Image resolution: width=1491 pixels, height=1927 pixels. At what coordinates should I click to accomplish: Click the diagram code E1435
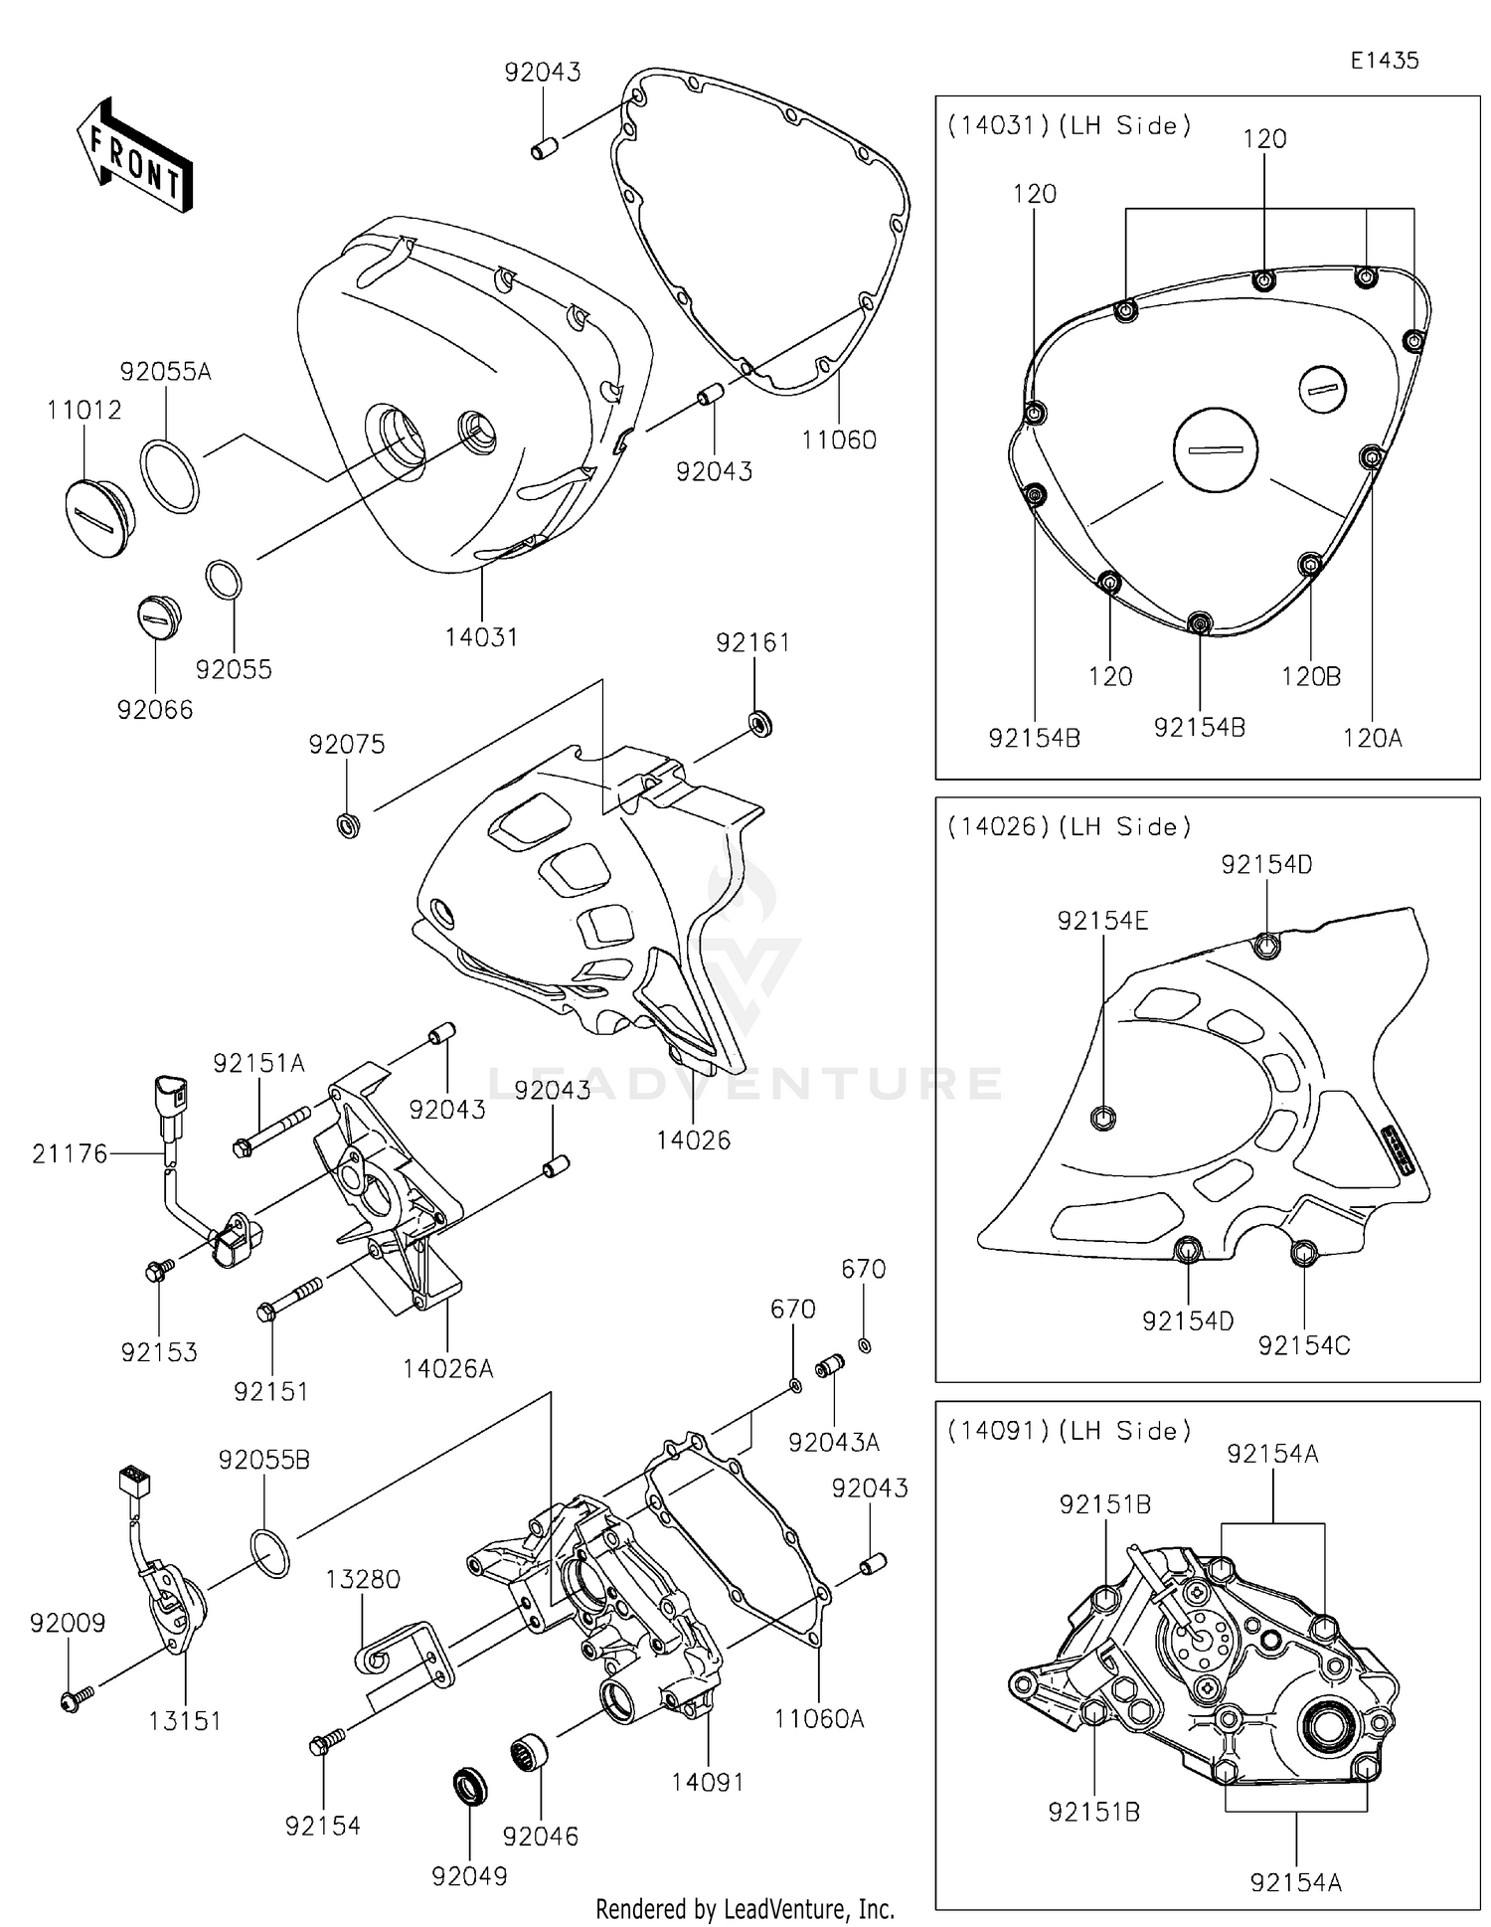tap(1384, 61)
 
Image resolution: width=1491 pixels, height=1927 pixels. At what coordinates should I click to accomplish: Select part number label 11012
tap(83, 410)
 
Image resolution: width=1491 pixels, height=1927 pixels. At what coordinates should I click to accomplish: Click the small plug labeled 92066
tap(158, 617)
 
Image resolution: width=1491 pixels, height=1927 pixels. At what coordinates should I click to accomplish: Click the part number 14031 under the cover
tap(481, 637)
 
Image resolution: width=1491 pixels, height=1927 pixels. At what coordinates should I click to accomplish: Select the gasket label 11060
tap(839, 439)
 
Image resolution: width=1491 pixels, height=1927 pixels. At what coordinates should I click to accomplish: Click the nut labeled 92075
tap(349, 824)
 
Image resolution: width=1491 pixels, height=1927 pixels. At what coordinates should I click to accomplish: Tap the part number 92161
tap(752, 642)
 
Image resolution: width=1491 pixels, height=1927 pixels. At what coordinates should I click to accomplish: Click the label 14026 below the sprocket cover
tap(693, 1140)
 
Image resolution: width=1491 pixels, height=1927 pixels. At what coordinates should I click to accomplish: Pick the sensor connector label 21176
tap(70, 1153)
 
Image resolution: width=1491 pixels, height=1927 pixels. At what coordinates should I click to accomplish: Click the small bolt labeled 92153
tap(158, 1270)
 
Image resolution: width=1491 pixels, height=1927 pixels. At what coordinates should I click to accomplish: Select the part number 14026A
tap(447, 1368)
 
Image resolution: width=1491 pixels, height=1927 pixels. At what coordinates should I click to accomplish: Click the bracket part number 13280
tap(363, 1579)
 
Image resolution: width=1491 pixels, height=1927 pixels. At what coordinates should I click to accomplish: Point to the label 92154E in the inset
tap(1102, 921)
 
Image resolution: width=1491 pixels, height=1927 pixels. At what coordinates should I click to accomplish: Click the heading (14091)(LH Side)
tap(1068, 1430)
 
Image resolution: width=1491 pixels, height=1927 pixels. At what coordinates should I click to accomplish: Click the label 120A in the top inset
tap(1372, 737)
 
